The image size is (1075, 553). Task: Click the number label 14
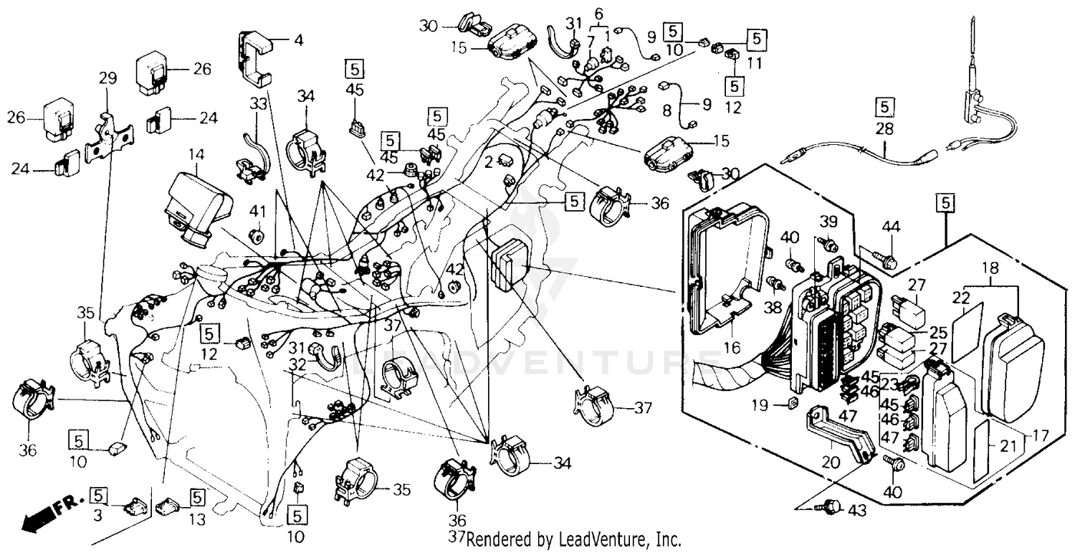(x=196, y=154)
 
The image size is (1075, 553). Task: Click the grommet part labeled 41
(x=256, y=236)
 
